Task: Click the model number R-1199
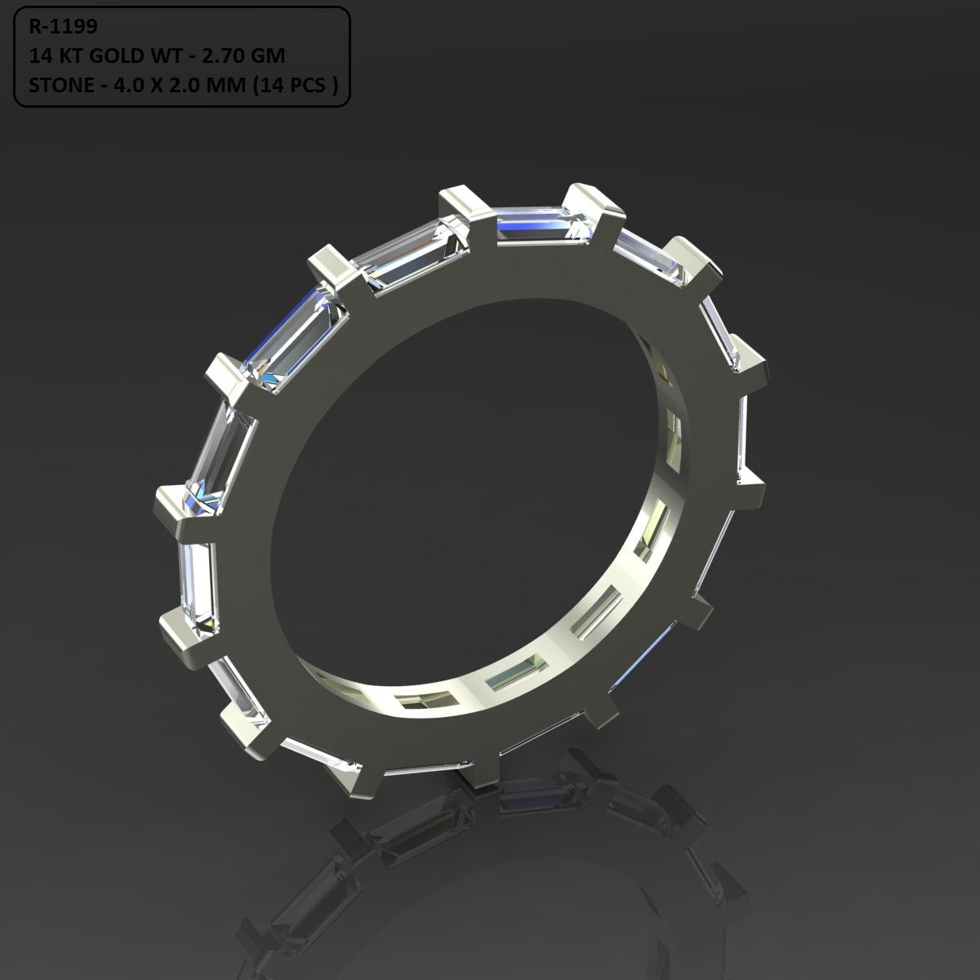point(63,27)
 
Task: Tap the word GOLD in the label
point(113,56)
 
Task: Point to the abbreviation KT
point(70,56)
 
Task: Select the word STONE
point(59,84)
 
